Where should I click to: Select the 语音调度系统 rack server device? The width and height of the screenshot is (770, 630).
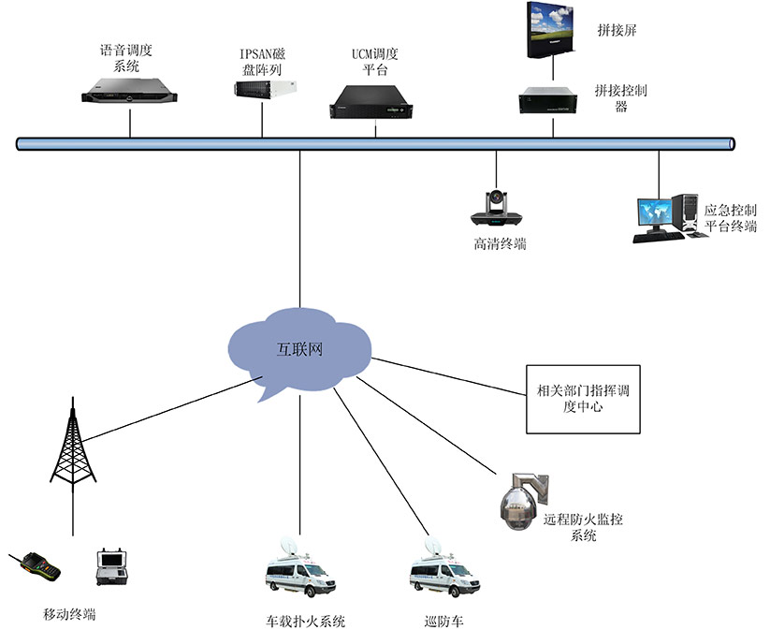[129, 91]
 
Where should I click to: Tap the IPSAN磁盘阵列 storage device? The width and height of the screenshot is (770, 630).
[267, 88]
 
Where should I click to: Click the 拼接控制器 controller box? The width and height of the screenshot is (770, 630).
[552, 100]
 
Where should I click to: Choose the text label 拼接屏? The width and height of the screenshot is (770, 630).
[617, 30]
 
